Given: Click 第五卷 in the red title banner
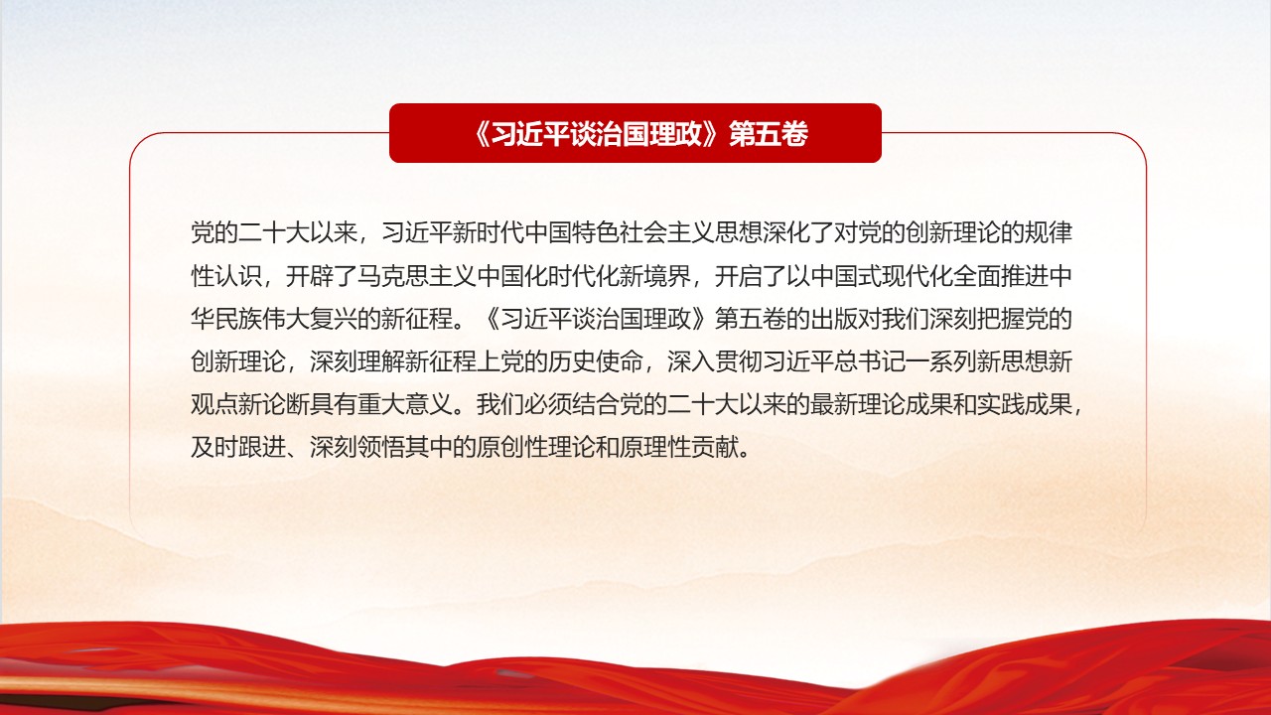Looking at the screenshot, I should click(x=769, y=134).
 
